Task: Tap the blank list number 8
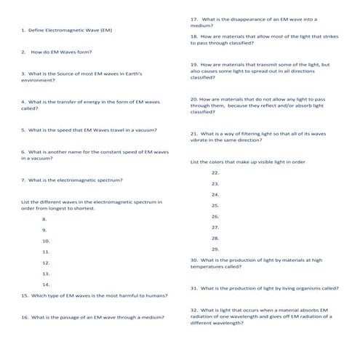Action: tap(45, 218)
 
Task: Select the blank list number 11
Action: tap(46, 251)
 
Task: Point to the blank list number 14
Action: tap(46, 284)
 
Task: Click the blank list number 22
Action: tap(215, 173)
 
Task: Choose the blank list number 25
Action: tap(215, 206)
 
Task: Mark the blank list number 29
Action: tap(215, 249)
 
